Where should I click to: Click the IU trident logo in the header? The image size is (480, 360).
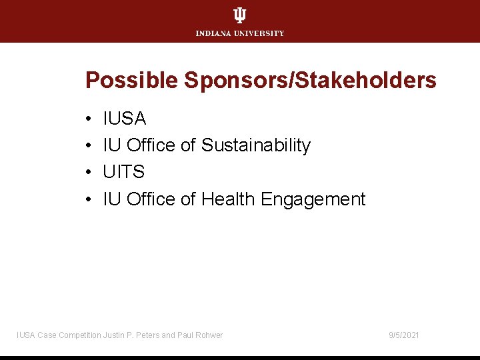pyautogui.click(x=240, y=15)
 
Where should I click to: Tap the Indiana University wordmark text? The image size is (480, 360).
pyautogui.click(x=240, y=33)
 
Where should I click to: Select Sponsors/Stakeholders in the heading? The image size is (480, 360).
pyautogui.click(x=310, y=81)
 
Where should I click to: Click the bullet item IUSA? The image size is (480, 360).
pyautogui.click(x=125, y=119)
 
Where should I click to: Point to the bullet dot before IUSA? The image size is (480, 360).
pyautogui.click(x=89, y=119)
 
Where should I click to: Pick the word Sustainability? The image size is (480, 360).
pyautogui.click(x=256, y=145)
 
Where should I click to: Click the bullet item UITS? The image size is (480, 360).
pyautogui.click(x=124, y=172)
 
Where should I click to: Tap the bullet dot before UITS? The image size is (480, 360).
pyautogui.click(x=89, y=173)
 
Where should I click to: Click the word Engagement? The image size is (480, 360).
pyautogui.click(x=313, y=199)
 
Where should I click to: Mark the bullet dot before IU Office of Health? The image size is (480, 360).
pyautogui.click(x=89, y=199)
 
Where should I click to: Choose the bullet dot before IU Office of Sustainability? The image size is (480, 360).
pyautogui.click(x=89, y=146)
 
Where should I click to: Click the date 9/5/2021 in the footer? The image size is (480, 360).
pyautogui.click(x=404, y=335)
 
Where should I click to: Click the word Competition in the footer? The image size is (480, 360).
pyautogui.click(x=81, y=335)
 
